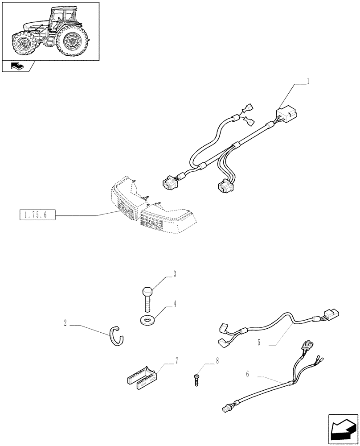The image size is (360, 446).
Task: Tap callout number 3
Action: tap(175, 274)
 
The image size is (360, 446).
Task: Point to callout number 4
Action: tap(175, 304)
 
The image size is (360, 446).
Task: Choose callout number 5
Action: tap(258, 343)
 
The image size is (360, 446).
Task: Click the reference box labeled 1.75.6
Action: tap(37, 216)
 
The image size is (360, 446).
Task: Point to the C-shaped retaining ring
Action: tap(117, 335)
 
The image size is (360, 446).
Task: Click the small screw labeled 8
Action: tap(196, 380)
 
